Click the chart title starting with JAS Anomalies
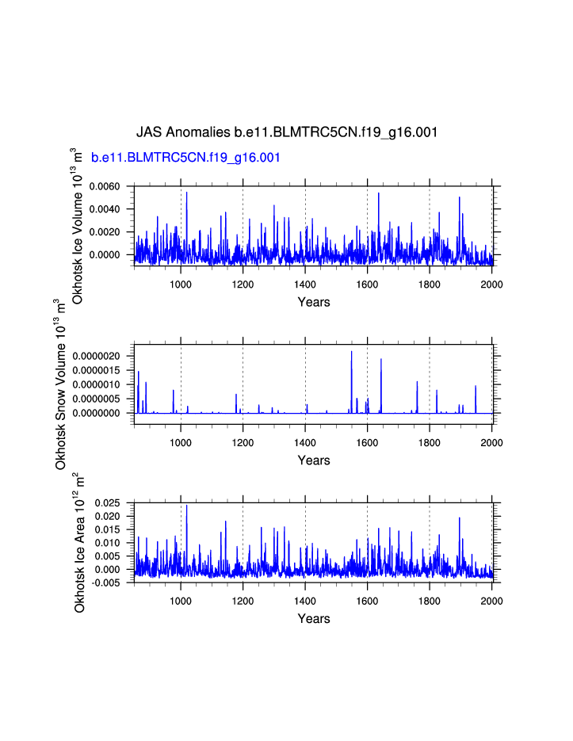[287, 132]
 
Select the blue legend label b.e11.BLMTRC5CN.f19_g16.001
[186, 158]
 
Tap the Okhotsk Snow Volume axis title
[60, 384]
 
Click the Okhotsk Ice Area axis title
[79, 542]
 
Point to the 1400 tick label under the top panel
[305, 285]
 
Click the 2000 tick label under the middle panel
[491, 444]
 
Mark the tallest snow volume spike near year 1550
[352, 353]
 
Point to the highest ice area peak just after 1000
[187, 506]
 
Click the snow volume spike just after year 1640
[381, 361]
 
